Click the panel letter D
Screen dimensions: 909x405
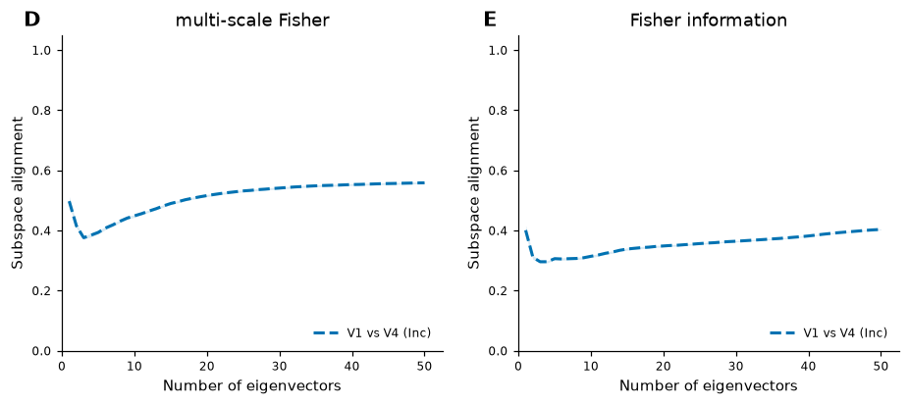(31, 19)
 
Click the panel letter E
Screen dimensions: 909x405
(490, 19)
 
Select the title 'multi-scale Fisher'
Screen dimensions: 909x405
(252, 21)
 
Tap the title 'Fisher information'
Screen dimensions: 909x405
(709, 21)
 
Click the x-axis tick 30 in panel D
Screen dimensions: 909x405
(280, 366)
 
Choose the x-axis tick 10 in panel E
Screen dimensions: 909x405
(591, 366)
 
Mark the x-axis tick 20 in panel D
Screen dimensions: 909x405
(207, 366)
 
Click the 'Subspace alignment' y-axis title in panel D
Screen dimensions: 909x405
(18, 192)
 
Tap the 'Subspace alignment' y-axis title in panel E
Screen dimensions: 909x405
(475, 192)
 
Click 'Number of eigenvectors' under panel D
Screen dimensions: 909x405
(251, 385)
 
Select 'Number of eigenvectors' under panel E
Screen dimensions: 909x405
(709, 385)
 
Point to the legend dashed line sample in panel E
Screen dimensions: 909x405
(782, 332)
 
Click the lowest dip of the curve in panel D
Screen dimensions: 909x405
(84, 237)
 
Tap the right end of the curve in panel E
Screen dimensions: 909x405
(880, 229)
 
